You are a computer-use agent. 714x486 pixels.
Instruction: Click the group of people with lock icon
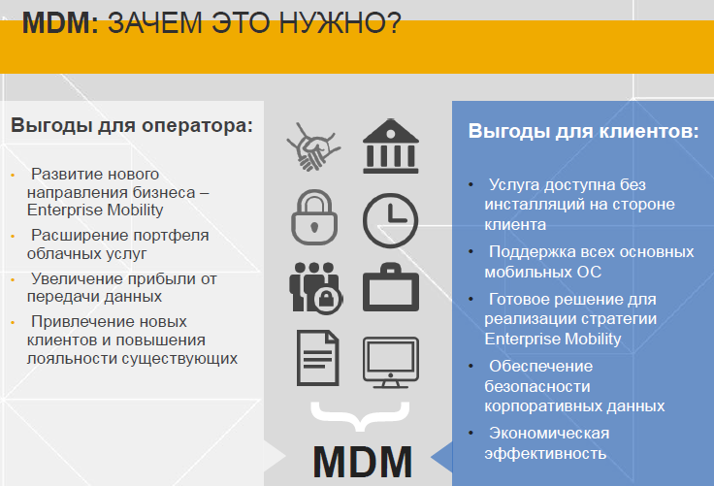[313, 287]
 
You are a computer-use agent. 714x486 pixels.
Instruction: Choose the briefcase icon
[390, 288]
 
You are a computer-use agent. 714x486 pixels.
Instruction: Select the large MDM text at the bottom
[363, 460]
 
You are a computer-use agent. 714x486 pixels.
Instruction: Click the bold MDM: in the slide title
[60, 23]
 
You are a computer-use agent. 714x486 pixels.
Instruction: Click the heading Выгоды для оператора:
[132, 125]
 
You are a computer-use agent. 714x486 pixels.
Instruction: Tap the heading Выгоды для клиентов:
[583, 131]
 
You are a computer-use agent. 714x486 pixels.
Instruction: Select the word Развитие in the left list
[67, 174]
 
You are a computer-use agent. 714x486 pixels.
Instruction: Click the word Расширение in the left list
[76, 236]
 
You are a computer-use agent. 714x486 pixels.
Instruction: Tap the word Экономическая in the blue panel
[549, 433]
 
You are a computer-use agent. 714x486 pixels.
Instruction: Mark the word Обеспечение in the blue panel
[540, 366]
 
